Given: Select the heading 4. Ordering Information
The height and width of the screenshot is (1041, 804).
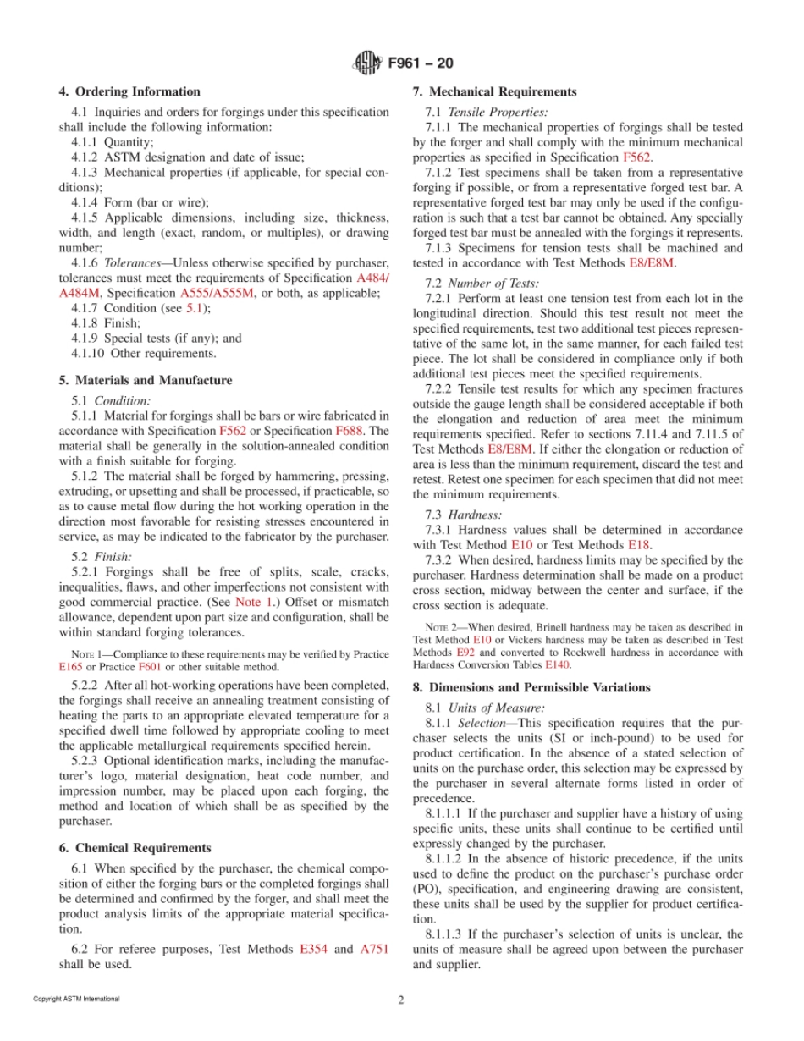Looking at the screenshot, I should pyautogui.click(x=129, y=92).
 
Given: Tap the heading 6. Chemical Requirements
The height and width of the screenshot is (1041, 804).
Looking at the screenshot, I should pyautogui.click(x=135, y=848).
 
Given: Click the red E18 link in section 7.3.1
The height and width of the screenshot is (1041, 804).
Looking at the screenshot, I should pyautogui.click(x=639, y=545).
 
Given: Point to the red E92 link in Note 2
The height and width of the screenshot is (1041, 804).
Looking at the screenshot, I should pyautogui.click(x=464, y=653).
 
